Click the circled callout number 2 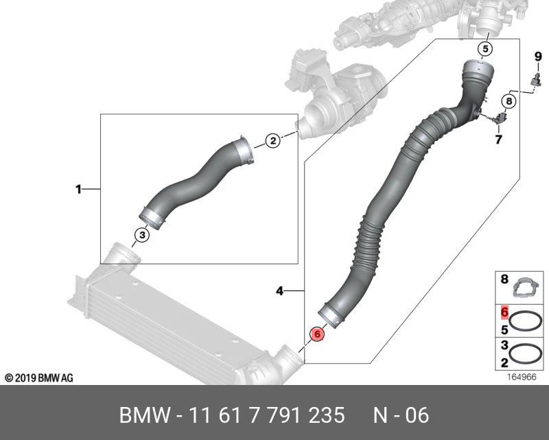click(273, 141)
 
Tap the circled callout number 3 click(142, 234)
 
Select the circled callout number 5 click(485, 49)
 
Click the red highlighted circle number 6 click(317, 334)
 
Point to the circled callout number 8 click(509, 101)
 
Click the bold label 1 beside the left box click(78, 190)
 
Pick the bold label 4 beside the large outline click(279, 291)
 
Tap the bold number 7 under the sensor click(498, 140)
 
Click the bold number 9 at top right click(538, 56)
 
